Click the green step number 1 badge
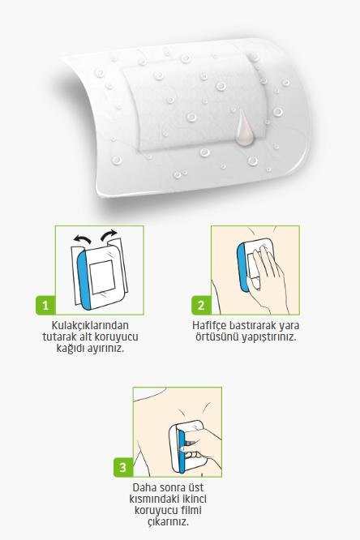point(45,306)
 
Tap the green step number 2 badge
point(201,306)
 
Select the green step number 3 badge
point(123,467)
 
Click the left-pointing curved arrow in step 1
point(83,239)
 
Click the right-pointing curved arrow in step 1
point(109,236)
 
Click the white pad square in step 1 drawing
point(102,277)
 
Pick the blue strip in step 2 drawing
point(243,267)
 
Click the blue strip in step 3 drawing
point(182,451)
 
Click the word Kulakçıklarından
point(90,325)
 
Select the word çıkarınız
point(169,521)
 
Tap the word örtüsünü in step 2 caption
point(217,337)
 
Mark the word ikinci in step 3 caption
point(194,499)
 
